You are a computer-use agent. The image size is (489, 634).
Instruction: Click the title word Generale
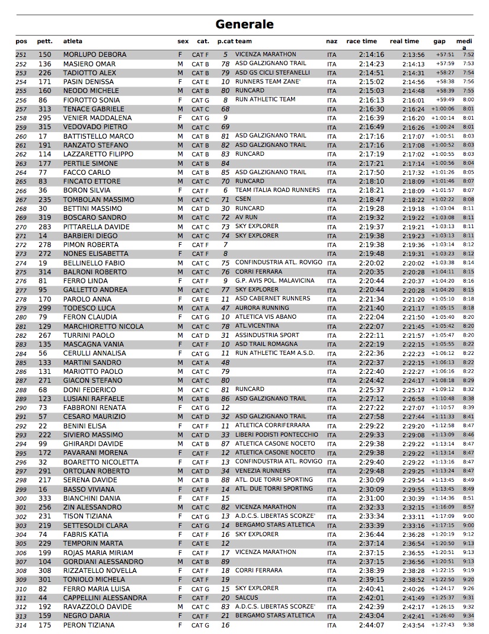coord(244,24)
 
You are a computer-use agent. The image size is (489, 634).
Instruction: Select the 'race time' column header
coord(362,41)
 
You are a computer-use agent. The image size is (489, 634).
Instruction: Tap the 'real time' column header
coord(404,41)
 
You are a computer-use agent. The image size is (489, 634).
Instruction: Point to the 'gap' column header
coord(439,41)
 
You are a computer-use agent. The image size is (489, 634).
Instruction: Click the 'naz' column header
coord(332,41)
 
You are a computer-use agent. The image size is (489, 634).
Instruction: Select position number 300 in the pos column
coord(21,498)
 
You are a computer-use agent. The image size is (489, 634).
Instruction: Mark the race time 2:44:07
coord(371,625)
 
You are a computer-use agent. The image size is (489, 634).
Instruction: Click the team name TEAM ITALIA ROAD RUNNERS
coord(277,190)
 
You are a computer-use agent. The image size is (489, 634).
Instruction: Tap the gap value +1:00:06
coord(442,109)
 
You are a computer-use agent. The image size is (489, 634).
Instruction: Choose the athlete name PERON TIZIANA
coord(89,625)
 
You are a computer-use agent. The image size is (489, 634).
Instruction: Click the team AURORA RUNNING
coord(262,308)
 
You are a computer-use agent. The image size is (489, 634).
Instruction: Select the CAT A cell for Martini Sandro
coord(200,363)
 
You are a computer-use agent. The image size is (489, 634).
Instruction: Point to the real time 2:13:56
coord(413,55)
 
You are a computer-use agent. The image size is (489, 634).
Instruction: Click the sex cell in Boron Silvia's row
coord(180,191)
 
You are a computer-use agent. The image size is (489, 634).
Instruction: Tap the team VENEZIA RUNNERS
coord(263,471)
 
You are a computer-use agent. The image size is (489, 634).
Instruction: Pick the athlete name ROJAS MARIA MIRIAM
coord(97,553)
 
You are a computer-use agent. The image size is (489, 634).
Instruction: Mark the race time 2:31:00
coord(371,498)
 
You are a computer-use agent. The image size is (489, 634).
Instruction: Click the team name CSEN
coord(243,200)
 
